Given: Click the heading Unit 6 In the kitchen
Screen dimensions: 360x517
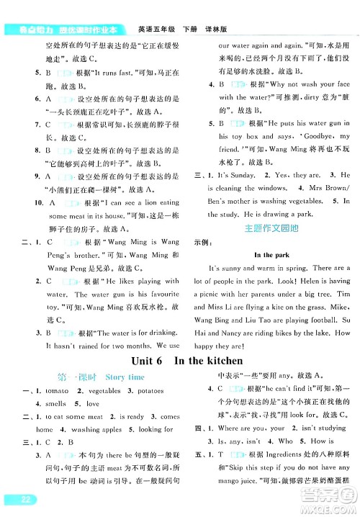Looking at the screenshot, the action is [182, 361].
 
